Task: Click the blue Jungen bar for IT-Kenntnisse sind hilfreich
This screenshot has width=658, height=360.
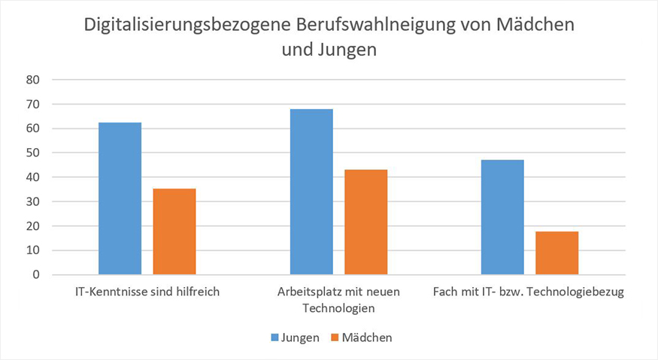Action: tap(120, 198)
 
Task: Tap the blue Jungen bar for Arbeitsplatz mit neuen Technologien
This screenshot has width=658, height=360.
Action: tap(311, 192)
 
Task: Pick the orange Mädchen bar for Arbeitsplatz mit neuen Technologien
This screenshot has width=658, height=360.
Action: tap(365, 222)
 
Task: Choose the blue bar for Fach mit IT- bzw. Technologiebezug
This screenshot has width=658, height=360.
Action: tap(502, 217)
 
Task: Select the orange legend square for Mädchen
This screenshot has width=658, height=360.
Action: tap(335, 338)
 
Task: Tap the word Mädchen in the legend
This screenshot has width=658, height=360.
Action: tap(367, 338)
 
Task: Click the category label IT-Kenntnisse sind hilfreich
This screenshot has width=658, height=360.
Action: tap(147, 292)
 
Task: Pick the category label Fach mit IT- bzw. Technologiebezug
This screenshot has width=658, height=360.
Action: tap(529, 292)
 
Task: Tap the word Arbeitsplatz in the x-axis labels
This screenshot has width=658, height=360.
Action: tap(311, 292)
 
